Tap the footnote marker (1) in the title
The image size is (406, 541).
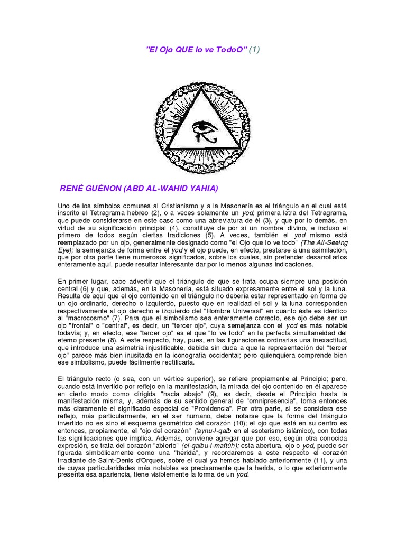(x=254, y=50)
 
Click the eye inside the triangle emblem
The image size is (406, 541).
(x=203, y=128)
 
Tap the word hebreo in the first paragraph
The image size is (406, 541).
(x=133, y=212)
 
